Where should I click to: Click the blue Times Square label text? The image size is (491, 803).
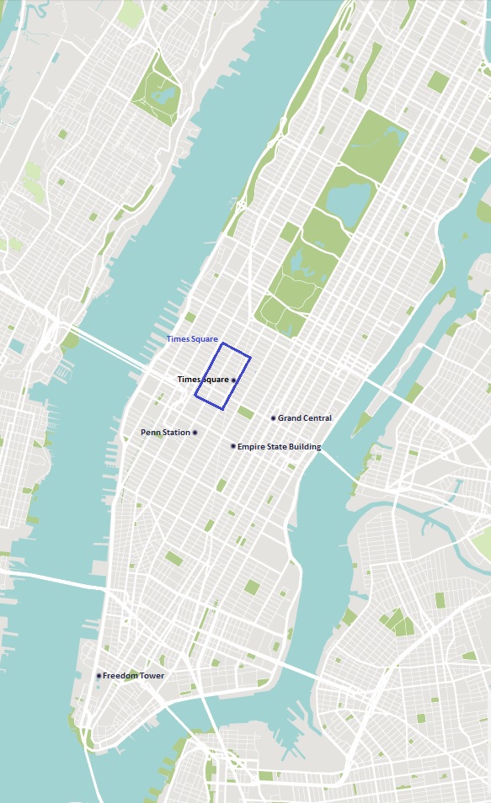(192, 339)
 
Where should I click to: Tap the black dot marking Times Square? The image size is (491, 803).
(233, 380)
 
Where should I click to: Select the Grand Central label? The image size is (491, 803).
(304, 418)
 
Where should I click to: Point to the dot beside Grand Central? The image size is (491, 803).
(273, 418)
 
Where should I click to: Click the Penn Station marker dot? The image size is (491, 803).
(195, 433)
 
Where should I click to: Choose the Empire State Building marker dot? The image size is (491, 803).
(233, 446)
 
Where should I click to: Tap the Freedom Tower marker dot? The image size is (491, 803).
(99, 676)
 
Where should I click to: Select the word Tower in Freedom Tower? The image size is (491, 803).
(152, 676)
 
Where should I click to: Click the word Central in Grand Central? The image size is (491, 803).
(316, 418)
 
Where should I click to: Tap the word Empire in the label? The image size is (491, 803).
(250, 447)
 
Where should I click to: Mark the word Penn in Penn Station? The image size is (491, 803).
(150, 433)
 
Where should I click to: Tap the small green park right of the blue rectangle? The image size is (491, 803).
(245, 412)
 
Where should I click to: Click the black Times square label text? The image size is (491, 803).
(203, 380)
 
